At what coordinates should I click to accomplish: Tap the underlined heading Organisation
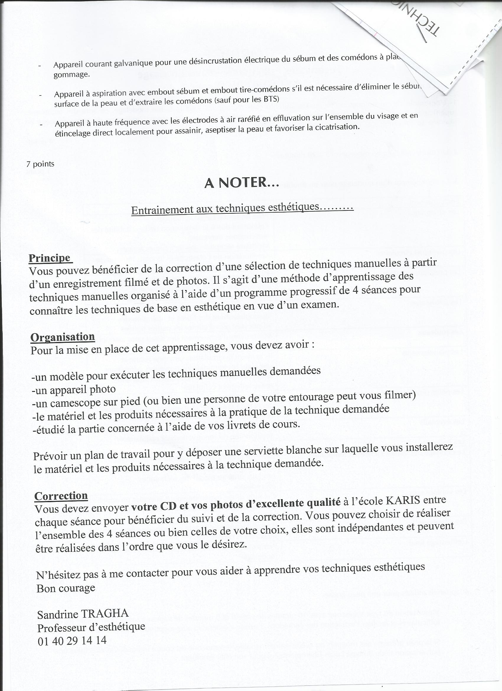(x=63, y=337)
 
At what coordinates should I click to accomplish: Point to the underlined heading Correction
(x=61, y=496)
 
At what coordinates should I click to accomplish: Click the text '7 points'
(x=40, y=164)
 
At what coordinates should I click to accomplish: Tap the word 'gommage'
(x=71, y=75)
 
